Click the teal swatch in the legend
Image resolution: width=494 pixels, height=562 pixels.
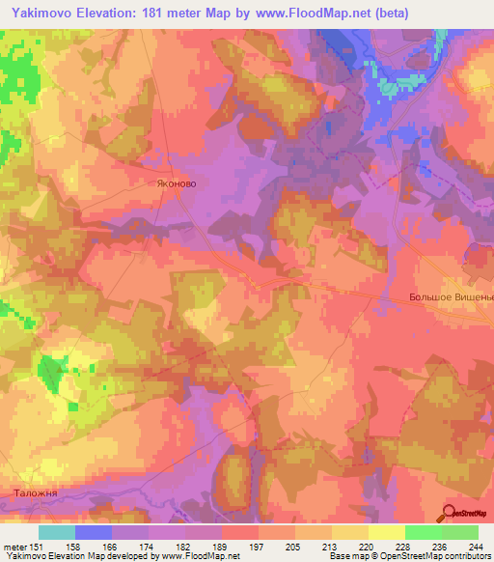coord(57,532)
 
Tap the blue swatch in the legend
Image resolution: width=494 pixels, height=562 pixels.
coord(94,532)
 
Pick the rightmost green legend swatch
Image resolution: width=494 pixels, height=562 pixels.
coord(459,532)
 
